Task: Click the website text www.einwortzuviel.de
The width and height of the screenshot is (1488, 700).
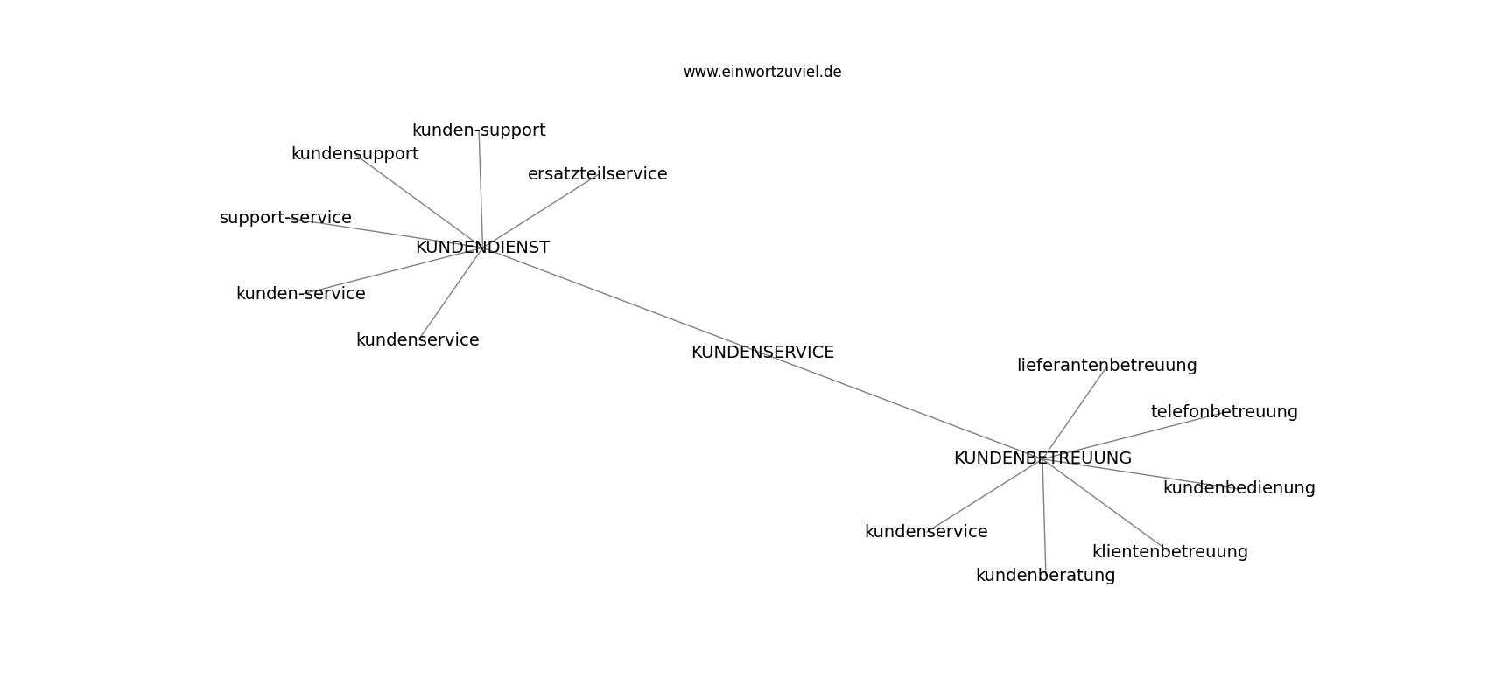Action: [x=762, y=72]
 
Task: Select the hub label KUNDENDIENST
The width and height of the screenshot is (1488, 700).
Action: [x=482, y=247]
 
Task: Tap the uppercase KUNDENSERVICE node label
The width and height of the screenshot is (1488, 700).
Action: [x=762, y=352]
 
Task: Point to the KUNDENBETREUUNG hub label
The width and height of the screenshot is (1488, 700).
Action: [x=1042, y=458]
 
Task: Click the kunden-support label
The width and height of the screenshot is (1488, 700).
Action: [x=479, y=130]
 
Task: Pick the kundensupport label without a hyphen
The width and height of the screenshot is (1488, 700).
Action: [x=354, y=153]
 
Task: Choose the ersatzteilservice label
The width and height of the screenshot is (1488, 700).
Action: [x=597, y=173]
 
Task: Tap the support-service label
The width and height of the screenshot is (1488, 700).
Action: [x=285, y=217]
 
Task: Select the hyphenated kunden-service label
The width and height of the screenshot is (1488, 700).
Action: [x=301, y=293]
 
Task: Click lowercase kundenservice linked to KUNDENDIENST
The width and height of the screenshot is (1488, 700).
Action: [x=418, y=340]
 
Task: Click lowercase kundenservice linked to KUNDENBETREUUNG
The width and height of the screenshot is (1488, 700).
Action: [x=926, y=531]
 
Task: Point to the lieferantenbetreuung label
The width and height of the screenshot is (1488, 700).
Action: [x=1106, y=365]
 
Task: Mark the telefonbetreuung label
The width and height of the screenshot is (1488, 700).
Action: [x=1225, y=412]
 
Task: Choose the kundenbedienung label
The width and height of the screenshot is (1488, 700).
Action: [x=1239, y=487]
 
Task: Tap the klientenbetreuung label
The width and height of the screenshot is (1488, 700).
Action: [x=1169, y=551]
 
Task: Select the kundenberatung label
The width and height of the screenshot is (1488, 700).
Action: [x=1045, y=575]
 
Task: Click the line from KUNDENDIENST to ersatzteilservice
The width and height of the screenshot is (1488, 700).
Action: [x=539, y=212]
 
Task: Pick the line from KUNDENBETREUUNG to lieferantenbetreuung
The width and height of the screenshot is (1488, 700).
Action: [x=1074, y=413]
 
